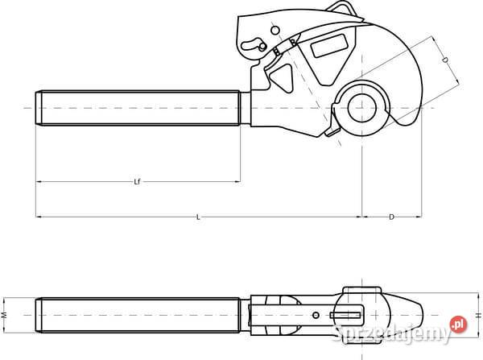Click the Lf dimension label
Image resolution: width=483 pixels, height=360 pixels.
[x=138, y=181]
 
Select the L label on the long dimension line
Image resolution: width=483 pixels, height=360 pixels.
[x=198, y=217]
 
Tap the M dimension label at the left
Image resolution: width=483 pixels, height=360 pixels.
[x=4, y=315]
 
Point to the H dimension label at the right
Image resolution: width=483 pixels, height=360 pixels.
[x=478, y=315]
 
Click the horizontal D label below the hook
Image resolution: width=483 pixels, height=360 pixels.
[x=391, y=217]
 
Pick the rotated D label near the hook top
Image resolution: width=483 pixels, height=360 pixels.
[x=445, y=60]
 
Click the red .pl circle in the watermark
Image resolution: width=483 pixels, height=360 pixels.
[x=459, y=324]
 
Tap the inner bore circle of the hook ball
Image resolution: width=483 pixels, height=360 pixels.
[x=362, y=108]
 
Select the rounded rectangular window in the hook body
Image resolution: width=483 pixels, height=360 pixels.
[x=329, y=46]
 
